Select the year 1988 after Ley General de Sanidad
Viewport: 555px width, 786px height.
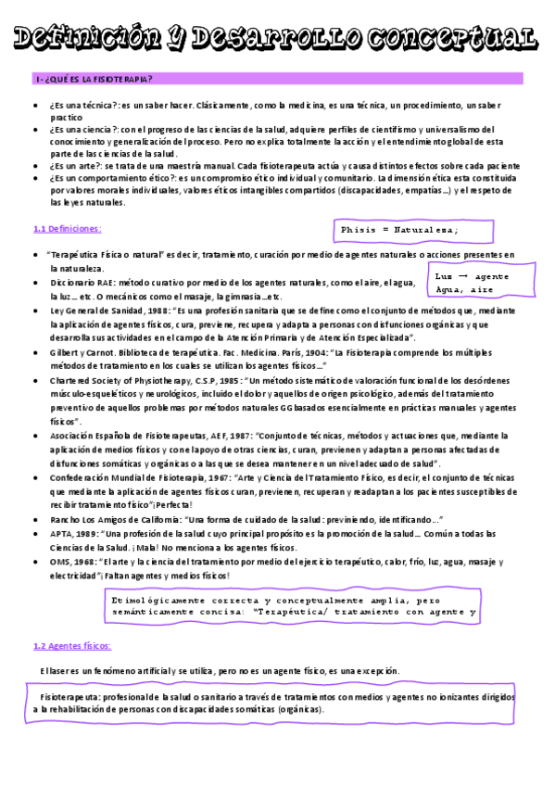pyautogui.click(x=153, y=312)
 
